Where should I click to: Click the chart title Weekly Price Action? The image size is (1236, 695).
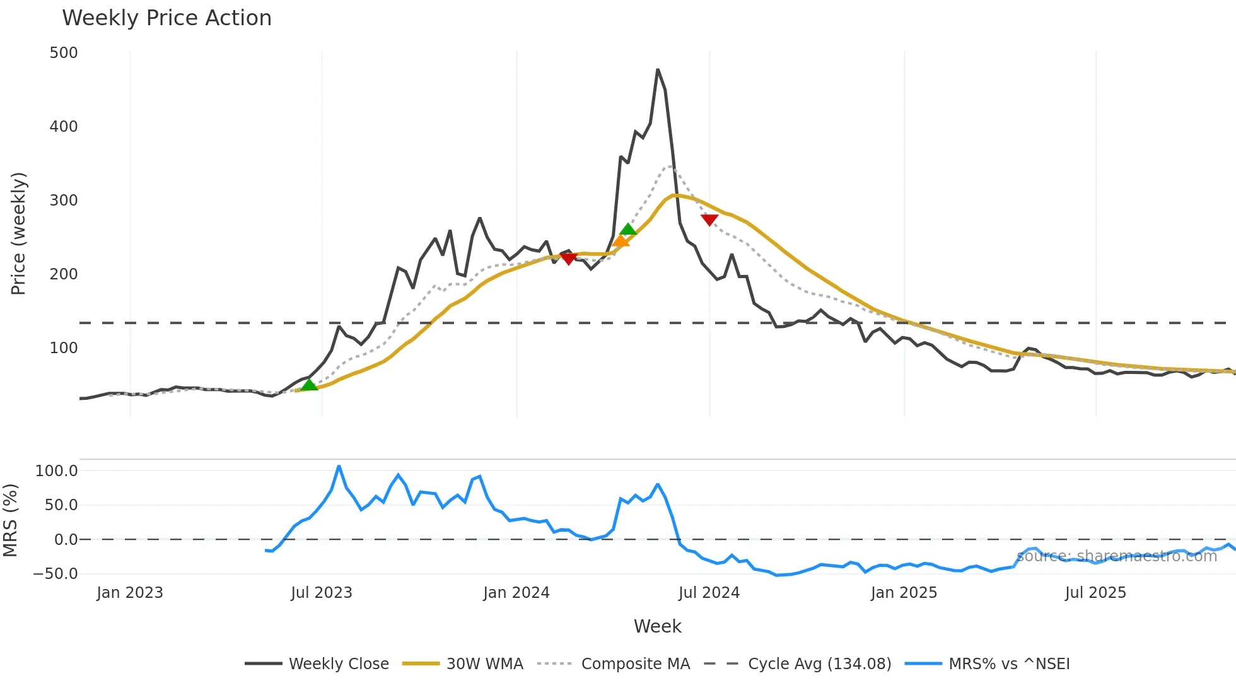click(166, 18)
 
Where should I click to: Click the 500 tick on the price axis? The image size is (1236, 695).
click(64, 53)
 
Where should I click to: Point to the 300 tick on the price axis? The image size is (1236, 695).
click(64, 201)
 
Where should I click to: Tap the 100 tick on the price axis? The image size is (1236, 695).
click(64, 348)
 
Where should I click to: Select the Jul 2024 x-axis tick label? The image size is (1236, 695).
click(709, 593)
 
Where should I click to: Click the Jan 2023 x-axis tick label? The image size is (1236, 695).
click(130, 593)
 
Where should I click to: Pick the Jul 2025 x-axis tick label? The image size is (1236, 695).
click(1095, 593)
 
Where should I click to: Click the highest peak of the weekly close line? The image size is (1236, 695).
click(658, 69)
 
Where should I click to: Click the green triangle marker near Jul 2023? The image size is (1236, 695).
click(309, 385)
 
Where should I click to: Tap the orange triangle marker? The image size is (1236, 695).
click(621, 241)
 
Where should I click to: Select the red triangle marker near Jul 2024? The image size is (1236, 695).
click(709, 220)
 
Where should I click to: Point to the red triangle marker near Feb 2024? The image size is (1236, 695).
click(569, 259)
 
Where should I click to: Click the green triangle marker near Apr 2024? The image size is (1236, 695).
click(628, 229)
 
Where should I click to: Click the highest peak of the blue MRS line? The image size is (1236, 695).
click(339, 466)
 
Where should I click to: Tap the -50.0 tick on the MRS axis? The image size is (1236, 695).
click(55, 574)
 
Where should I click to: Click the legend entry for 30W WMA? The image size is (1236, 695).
click(484, 664)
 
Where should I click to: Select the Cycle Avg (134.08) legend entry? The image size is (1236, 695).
click(819, 664)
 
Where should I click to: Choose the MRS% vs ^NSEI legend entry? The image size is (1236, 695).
click(1008, 664)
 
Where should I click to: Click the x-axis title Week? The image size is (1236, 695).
click(657, 626)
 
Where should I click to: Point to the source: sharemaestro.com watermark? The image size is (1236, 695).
click(1116, 556)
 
